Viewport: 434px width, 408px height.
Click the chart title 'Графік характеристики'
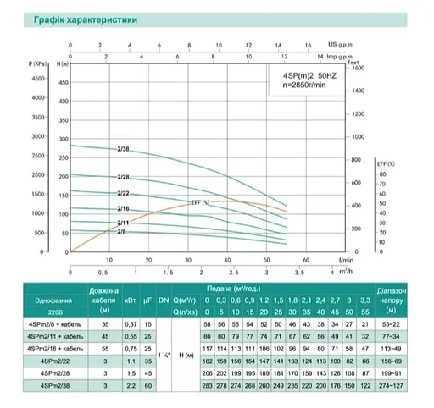click(63, 17)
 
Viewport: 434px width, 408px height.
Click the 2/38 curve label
click(123, 148)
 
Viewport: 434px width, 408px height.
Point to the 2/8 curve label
click(122, 231)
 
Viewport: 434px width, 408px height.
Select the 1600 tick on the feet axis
click(357, 69)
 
